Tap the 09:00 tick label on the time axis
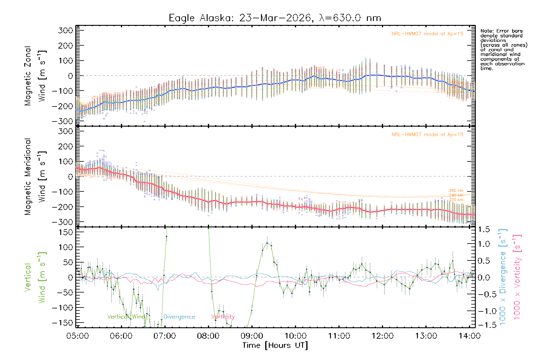252,336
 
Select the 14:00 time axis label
469,336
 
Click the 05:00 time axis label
77,336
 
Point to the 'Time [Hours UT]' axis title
275,345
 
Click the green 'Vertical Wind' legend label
126,317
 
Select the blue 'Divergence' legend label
179,317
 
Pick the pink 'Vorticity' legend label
223,317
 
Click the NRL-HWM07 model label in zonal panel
427,34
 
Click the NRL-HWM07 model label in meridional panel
427,135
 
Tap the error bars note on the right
503,49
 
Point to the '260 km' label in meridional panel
456,190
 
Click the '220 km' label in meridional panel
456,200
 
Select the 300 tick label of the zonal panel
65,31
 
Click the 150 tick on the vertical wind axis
65,232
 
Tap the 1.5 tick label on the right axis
484,229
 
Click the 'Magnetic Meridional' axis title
28,177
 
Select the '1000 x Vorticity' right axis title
517,277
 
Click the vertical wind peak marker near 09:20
267,243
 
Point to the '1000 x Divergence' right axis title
503,277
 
